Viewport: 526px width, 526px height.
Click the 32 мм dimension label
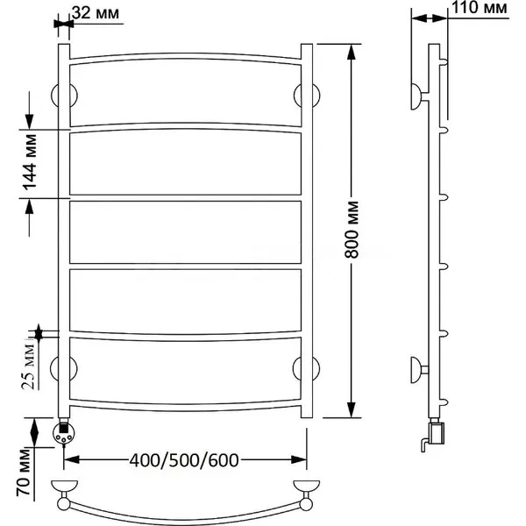click(96, 13)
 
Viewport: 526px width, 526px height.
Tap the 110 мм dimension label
click(480, 7)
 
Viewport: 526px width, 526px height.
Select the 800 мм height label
click(352, 230)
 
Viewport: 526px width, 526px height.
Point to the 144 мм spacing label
click(30, 162)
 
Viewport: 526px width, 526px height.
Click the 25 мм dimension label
click(28, 366)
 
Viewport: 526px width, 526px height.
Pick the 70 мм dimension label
click(24, 473)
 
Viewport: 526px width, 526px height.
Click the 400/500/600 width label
click(184, 460)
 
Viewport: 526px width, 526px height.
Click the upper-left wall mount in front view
click(64, 96)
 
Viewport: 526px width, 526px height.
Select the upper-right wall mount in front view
click(307, 96)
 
